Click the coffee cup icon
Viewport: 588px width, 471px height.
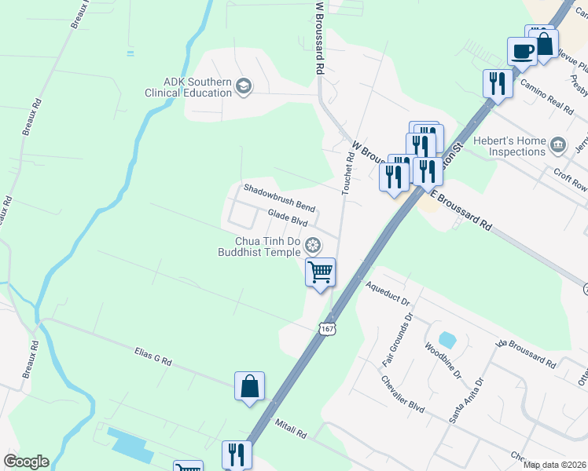tap(522, 52)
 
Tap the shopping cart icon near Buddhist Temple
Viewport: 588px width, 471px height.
tap(320, 272)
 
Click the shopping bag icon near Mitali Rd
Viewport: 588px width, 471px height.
tap(249, 386)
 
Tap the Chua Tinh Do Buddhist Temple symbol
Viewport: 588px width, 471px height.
tap(313, 246)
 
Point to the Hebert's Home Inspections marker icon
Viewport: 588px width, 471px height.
tap(558, 144)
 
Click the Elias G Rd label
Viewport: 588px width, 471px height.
tap(153, 358)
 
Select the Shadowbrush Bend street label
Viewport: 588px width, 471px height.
tap(279, 198)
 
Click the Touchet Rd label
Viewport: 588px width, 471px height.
tap(348, 173)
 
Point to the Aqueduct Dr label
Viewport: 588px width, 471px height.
tap(388, 293)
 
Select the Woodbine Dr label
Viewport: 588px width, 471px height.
tap(443, 360)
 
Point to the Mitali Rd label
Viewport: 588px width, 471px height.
tap(290, 429)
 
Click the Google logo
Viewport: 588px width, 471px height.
tap(26, 462)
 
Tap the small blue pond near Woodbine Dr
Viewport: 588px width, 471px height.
tap(447, 340)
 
